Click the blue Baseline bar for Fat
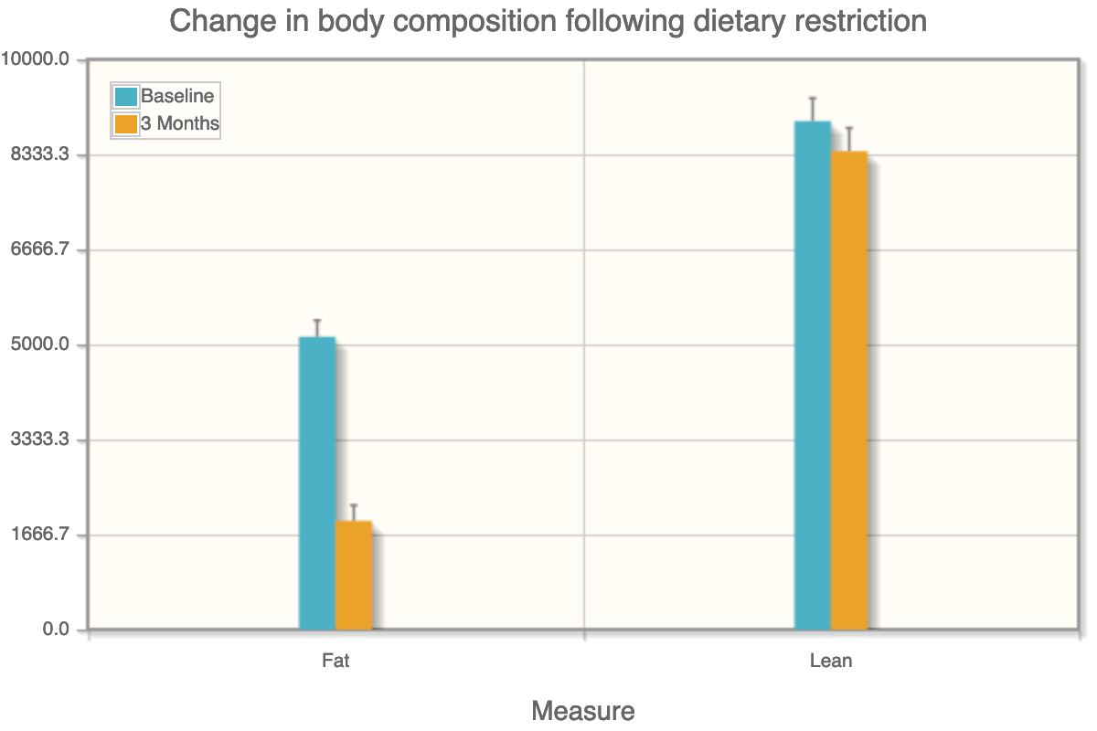(x=317, y=483)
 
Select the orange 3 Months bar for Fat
(x=354, y=576)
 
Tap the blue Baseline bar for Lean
(x=812, y=376)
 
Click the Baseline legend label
(x=177, y=96)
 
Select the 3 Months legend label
(x=180, y=123)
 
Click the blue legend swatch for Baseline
(x=125, y=97)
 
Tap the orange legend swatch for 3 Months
(x=125, y=124)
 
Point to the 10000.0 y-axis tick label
(x=36, y=59)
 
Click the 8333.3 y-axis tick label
(x=39, y=155)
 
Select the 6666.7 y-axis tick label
(x=39, y=250)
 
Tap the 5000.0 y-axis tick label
(x=39, y=345)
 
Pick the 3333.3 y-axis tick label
(x=39, y=440)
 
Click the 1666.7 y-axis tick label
(x=39, y=535)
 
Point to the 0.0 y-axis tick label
(x=55, y=630)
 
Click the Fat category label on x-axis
(x=335, y=660)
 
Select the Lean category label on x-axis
(x=831, y=660)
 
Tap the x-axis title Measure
(x=582, y=711)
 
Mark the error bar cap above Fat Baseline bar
(x=317, y=321)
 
